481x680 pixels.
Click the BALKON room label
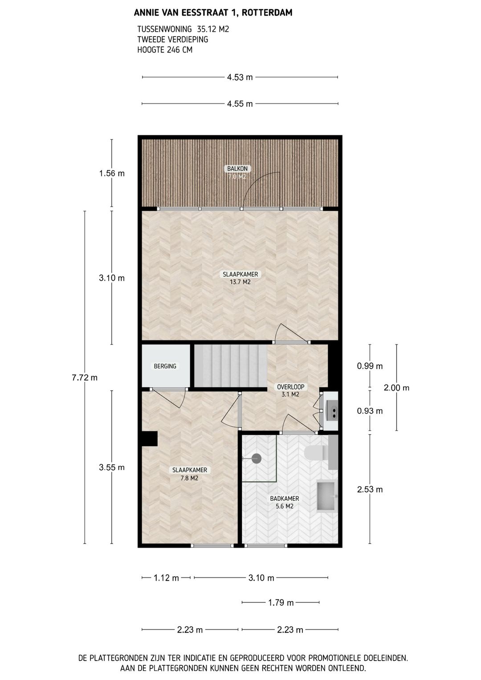click(237, 168)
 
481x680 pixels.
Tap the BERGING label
click(165, 366)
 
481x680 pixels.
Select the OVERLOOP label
click(290, 387)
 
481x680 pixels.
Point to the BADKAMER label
click(284, 499)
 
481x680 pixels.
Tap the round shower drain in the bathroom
click(257, 458)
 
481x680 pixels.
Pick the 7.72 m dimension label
click(85, 377)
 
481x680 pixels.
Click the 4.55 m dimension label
click(240, 104)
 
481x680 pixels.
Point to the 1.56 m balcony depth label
click(112, 173)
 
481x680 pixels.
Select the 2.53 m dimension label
click(370, 489)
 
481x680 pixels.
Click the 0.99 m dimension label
click(370, 366)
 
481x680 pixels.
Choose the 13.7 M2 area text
click(240, 282)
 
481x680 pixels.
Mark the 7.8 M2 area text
click(189, 478)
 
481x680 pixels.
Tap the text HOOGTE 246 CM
click(165, 50)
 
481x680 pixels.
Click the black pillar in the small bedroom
click(149, 439)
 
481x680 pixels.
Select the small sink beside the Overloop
click(331, 411)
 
